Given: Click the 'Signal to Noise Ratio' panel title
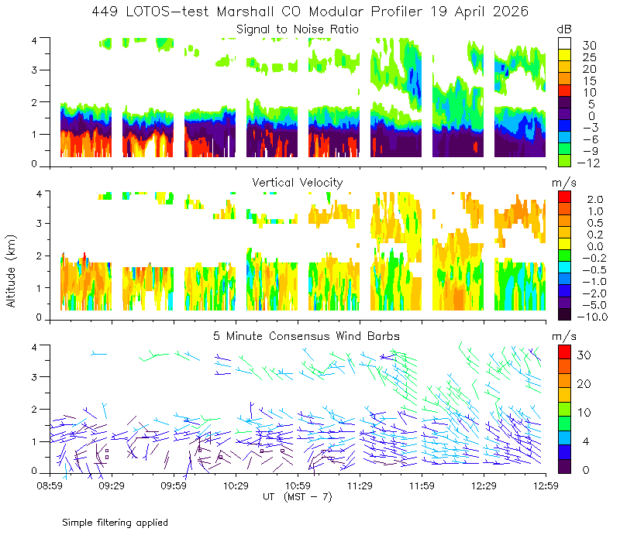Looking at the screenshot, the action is (298, 29).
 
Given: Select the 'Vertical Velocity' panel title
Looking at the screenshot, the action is (298, 183).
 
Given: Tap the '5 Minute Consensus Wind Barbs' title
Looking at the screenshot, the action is (306, 336).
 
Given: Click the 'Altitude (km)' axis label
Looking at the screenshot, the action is (11, 271).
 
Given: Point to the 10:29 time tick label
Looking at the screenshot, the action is (236, 485).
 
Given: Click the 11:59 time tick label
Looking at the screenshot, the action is (422, 485).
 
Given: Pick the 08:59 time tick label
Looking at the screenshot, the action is (50, 485).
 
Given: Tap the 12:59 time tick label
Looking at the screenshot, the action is (546, 485).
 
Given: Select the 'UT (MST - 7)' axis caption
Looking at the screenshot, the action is (298, 497).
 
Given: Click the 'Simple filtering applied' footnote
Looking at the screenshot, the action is (115, 523).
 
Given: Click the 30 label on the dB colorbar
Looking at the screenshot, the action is (589, 46).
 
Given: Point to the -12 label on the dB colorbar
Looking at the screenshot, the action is (588, 163).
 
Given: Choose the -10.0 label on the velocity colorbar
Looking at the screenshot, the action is (592, 317).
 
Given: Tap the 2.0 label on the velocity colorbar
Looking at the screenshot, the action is (595, 200).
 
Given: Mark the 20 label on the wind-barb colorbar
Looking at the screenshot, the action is (584, 384).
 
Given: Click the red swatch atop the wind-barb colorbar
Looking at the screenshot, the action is (564, 352).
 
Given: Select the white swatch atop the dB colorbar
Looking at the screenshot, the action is (564, 43).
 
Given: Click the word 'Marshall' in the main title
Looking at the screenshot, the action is (245, 12).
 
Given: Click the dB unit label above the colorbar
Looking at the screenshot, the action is (564, 29).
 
